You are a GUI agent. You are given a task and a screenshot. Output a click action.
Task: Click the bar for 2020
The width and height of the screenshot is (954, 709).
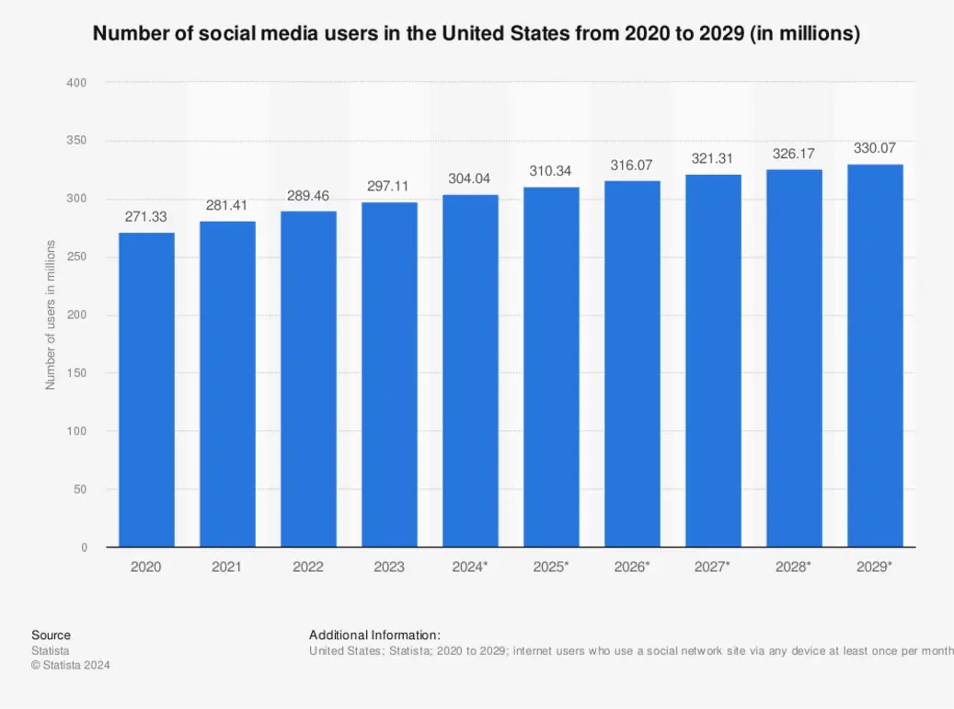point(146,390)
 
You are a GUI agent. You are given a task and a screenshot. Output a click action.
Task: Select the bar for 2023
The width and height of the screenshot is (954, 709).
point(389,375)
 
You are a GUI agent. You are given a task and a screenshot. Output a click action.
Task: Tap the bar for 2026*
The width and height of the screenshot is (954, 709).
point(632,364)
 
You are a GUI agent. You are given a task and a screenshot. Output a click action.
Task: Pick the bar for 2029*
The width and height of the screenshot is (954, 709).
point(875,356)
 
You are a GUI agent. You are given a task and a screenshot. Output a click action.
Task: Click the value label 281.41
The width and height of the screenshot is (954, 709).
point(227,205)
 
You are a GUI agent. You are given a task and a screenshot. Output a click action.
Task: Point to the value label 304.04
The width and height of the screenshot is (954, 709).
point(470,178)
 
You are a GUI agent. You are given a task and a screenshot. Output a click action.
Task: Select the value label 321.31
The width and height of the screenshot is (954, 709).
point(713,159)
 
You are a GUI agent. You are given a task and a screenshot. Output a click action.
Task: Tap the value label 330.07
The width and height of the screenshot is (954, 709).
point(875,148)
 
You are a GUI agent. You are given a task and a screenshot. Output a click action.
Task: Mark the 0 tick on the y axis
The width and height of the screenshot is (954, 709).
point(84,547)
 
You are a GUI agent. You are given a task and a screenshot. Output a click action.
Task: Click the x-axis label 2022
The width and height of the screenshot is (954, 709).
point(308,567)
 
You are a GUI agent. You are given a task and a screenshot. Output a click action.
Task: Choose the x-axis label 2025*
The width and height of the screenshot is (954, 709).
point(551,567)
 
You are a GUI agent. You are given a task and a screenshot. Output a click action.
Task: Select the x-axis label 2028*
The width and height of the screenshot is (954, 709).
point(794,567)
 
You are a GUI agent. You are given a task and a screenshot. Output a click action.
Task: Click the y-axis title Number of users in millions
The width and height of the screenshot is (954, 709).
point(51,314)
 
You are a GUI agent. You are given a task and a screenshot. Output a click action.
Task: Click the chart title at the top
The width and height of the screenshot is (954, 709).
point(477,35)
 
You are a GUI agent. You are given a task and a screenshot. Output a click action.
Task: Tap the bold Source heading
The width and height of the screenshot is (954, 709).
point(51,635)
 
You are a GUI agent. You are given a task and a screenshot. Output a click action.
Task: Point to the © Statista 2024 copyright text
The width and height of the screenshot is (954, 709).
point(70,666)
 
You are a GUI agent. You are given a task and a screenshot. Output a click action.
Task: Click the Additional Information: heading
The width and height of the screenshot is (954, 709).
point(374,635)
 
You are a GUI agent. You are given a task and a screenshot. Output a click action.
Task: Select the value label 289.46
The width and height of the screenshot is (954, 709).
point(308,196)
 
